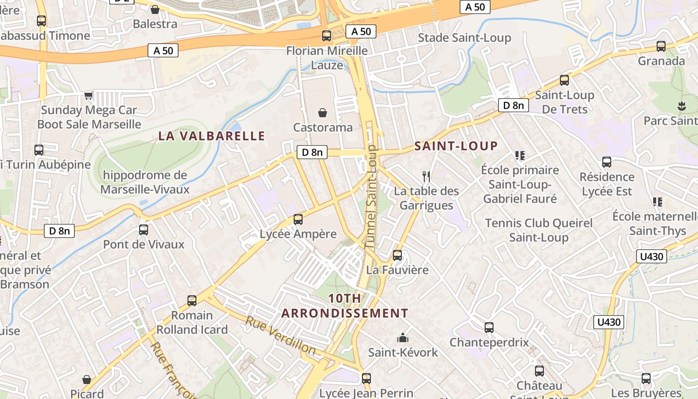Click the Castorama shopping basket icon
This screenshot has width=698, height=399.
[323, 113]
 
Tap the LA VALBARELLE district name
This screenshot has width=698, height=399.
[212, 136]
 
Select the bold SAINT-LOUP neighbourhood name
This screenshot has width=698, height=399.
[456, 146]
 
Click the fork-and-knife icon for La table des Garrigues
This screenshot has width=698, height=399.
[426, 176]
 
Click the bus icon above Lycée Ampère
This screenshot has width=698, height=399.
[298, 219]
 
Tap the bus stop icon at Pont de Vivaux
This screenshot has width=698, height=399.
[144, 230]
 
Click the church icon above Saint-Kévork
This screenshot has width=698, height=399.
[403, 338]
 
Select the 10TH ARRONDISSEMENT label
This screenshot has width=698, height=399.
[345, 306]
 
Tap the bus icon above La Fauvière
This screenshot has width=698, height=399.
[397, 255]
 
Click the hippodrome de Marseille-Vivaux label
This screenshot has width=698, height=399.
[145, 182]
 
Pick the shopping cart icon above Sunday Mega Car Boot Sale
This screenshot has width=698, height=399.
[89, 95]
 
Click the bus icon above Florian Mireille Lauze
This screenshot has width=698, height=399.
[327, 36]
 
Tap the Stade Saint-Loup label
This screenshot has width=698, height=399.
[464, 38]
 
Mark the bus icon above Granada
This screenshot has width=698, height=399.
[661, 46]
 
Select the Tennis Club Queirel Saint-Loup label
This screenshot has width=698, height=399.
[538, 230]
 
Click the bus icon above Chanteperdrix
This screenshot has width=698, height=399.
[489, 328]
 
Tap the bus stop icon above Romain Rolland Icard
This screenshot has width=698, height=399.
[192, 301]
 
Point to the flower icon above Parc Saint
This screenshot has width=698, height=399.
[681, 106]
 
